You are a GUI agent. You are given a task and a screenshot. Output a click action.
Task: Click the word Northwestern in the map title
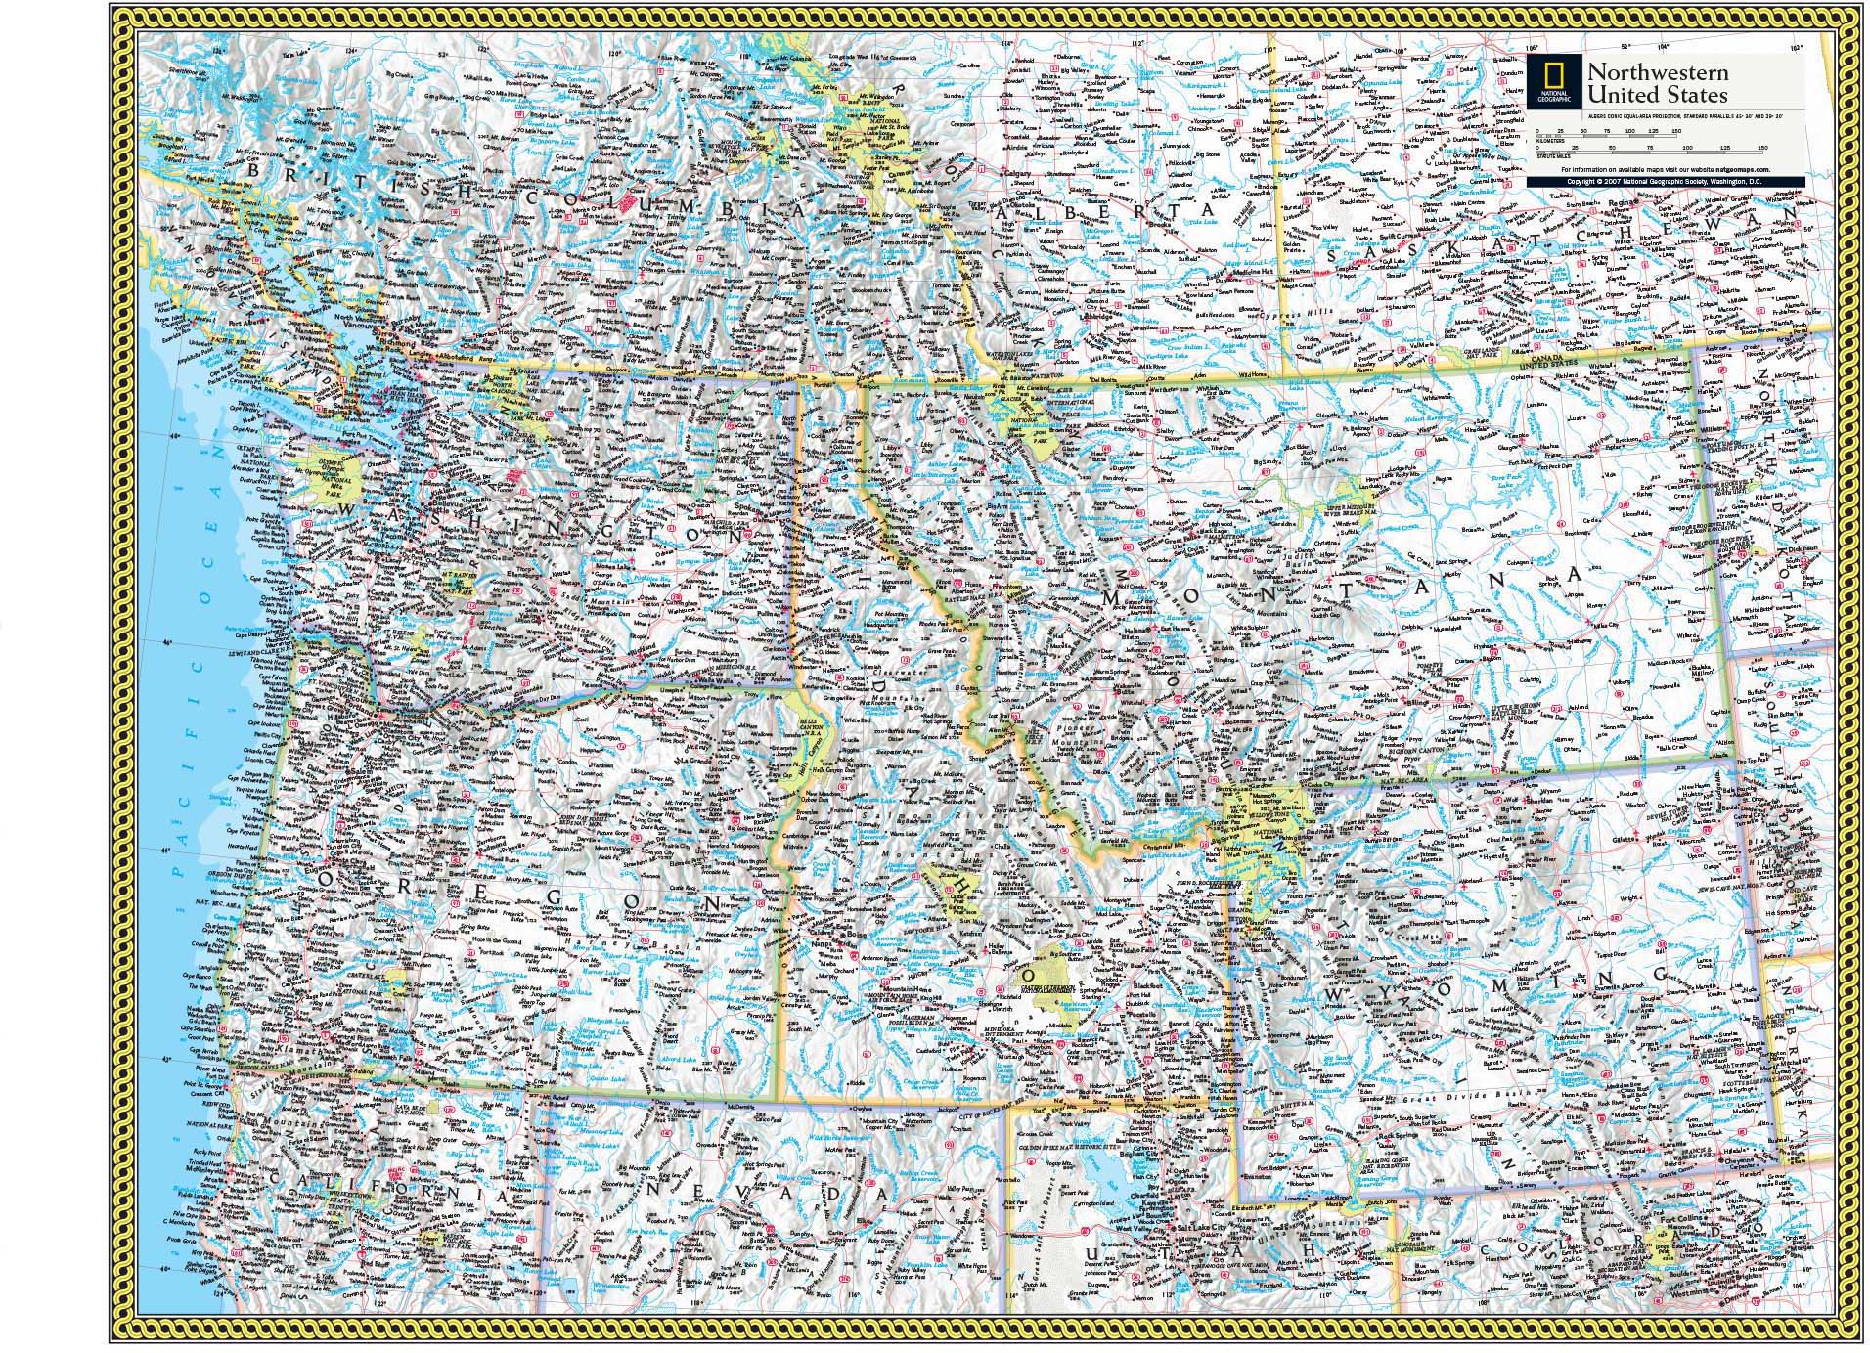tap(1643, 73)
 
